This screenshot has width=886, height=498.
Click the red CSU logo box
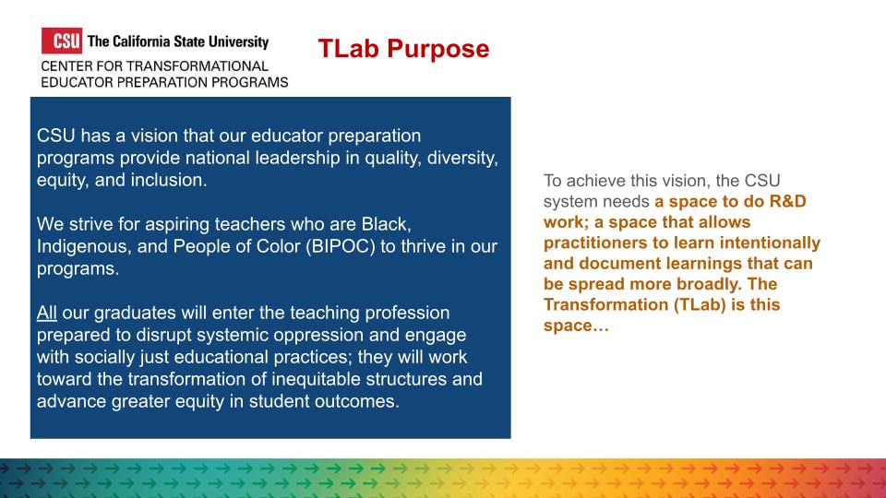pos(62,41)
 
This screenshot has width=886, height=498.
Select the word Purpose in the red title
pos(437,49)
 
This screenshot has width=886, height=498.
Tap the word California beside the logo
pos(141,41)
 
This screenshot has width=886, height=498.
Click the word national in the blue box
pos(218,158)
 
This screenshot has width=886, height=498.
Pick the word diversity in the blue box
pos(462,158)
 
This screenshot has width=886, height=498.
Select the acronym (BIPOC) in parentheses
pos(341,247)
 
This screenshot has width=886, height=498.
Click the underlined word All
pos(47,313)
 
